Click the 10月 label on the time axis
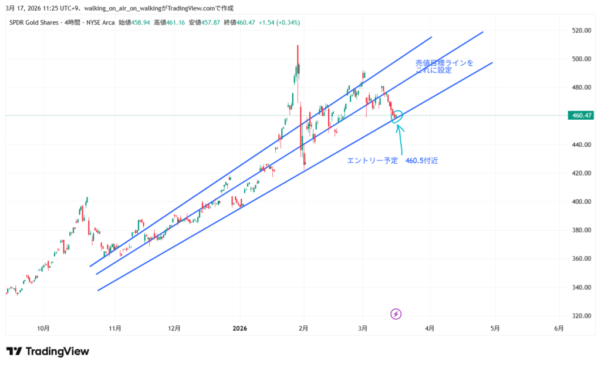point(43,328)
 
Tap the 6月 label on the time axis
point(559,328)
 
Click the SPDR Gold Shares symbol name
point(33,22)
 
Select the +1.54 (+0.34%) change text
point(279,22)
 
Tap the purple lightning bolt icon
point(396,314)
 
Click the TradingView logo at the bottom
point(48,351)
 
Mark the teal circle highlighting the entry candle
point(397,116)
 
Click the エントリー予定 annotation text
point(372,160)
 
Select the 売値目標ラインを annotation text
point(444,62)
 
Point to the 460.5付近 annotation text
point(421,160)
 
